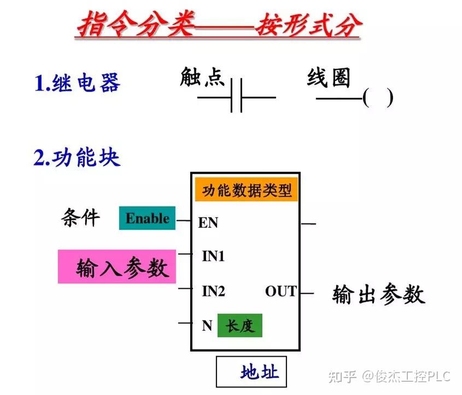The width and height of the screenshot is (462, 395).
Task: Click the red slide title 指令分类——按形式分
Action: click(219, 24)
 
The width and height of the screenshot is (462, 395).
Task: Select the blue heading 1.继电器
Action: click(77, 83)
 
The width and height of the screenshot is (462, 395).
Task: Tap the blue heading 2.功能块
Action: click(77, 157)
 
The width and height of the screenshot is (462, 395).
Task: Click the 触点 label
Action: click(202, 77)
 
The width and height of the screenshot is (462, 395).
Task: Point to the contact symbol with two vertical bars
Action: click(236, 96)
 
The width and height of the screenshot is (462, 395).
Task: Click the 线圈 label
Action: click(329, 78)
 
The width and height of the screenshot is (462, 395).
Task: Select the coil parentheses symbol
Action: click(378, 98)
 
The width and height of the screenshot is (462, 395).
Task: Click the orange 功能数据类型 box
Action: click(247, 190)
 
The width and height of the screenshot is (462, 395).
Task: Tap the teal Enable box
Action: click(147, 218)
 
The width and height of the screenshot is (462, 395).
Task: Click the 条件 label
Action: click(80, 217)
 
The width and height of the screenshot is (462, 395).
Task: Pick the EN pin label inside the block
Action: click(208, 223)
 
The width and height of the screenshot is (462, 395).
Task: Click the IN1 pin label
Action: click(213, 256)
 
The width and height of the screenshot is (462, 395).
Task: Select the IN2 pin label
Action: click(214, 291)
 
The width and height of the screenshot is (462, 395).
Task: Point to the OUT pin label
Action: click(281, 291)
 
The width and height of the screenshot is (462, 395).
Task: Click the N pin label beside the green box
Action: click(207, 325)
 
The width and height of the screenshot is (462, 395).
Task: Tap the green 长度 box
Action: click(240, 325)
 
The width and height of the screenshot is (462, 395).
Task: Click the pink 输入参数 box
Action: click(117, 267)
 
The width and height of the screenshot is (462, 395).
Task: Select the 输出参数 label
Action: click(378, 294)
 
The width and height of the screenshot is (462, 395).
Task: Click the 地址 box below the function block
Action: click(252, 371)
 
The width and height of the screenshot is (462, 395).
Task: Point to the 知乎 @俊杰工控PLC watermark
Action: click(389, 376)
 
